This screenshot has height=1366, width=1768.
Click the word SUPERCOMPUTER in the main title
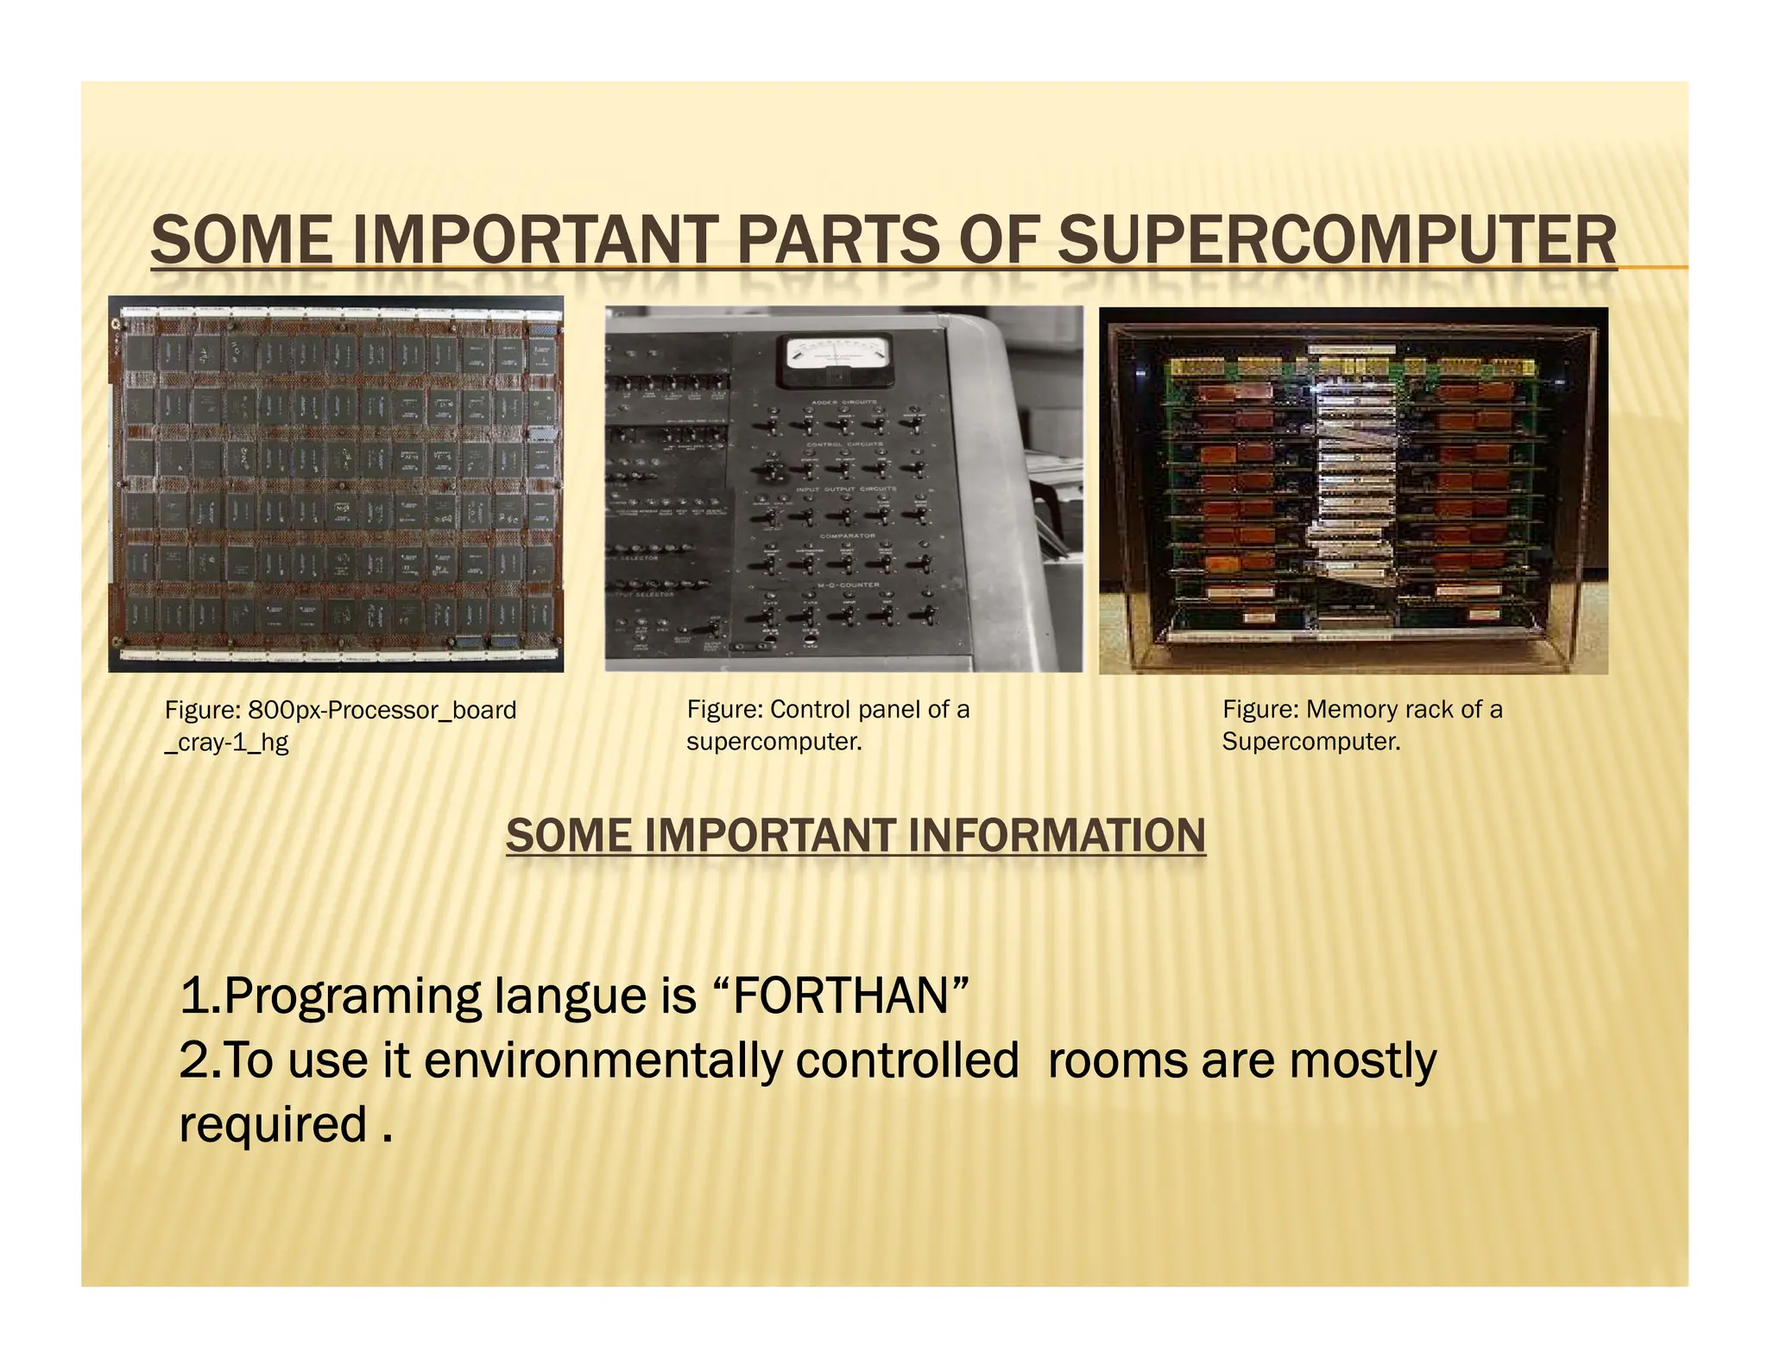coord(1336,240)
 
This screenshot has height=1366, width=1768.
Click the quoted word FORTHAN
coord(842,996)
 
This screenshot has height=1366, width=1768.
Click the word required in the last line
coord(274,1124)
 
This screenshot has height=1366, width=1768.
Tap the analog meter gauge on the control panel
coord(836,360)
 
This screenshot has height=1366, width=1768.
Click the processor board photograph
coord(336,484)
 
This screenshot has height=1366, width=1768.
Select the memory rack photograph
coord(1353,490)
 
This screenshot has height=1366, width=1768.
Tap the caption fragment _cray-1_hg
coord(226,742)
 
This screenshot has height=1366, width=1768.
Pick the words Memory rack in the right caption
coord(1380,709)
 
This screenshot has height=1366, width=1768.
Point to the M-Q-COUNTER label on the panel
coord(849,585)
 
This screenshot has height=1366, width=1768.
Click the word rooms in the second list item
coord(1117,1060)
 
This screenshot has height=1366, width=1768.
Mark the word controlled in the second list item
coord(906,1060)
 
